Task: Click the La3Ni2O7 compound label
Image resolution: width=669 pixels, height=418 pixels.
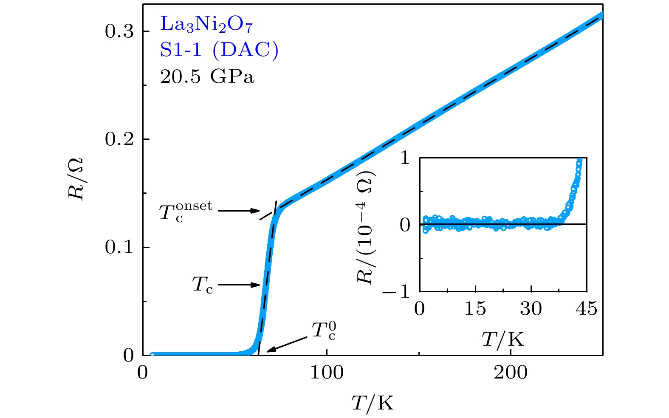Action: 206,25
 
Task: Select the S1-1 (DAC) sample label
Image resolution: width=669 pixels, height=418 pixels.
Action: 219,50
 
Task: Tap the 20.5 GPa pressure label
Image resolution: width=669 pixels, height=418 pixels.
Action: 207,77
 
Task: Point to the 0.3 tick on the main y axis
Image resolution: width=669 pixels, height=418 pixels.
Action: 120,31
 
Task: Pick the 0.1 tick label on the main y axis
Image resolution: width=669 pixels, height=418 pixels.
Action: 120,247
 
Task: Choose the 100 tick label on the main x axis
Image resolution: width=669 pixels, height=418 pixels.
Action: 327,373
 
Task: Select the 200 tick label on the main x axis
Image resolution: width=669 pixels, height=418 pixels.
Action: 511,373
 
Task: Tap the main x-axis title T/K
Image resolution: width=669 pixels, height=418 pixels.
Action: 373,403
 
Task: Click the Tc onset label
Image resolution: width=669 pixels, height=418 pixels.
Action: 186,211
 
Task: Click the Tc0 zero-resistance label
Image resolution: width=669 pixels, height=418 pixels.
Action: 324,331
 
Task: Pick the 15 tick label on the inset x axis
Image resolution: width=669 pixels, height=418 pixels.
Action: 475,309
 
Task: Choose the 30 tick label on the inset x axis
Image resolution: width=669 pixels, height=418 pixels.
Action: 531,309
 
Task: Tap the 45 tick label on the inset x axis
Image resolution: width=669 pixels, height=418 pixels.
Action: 587,309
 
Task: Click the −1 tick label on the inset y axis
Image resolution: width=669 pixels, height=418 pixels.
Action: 396,291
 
